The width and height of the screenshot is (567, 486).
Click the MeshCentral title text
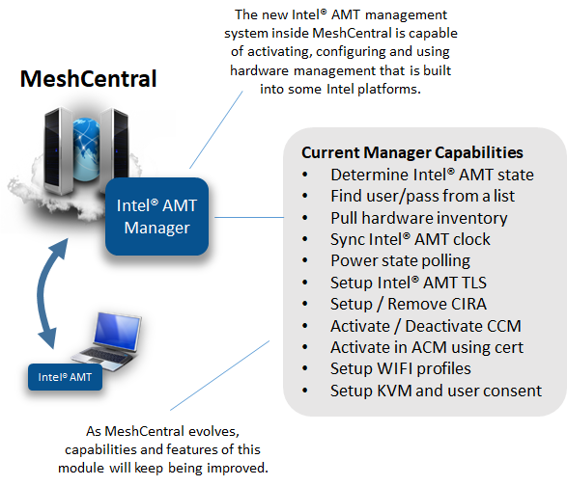coord(89,78)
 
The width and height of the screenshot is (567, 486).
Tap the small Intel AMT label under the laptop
coord(66,377)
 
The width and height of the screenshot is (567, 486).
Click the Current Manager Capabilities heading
coord(412,152)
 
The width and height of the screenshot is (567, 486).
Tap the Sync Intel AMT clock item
coord(410,239)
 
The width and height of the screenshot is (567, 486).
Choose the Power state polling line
coord(400,260)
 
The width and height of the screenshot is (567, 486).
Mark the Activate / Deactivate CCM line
coord(421,325)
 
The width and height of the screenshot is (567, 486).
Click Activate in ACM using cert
coord(426,347)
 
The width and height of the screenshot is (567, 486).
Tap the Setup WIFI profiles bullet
coord(400,368)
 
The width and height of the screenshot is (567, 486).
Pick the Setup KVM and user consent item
coord(436,391)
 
